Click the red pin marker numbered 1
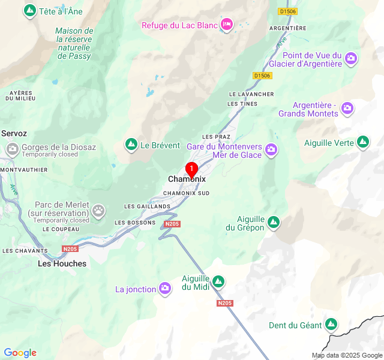pos(192,169)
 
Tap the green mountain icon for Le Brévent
pos(131,145)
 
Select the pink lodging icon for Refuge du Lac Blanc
pos(227,25)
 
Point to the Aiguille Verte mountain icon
pos(362,142)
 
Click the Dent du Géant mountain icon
pos(331,325)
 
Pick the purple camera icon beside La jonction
pos(165,289)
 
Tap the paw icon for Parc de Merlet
pos(98,211)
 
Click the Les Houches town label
pos(62,263)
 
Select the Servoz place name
pos(14,133)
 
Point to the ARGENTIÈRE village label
pos(288,28)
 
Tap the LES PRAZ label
pos(217,137)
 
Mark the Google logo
pos(20,353)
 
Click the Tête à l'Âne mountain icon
pos(29,11)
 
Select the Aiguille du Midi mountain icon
pos(218,281)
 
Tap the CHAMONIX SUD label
pos(187,193)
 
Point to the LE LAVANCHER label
pos(251,94)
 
